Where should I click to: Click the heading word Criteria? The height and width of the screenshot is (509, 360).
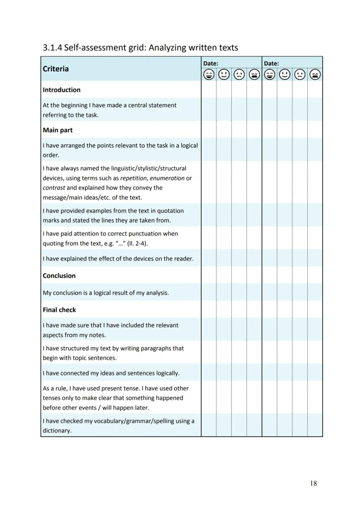pyautogui.click(x=56, y=69)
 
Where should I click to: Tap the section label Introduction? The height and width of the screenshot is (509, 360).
pyautogui.click(x=61, y=90)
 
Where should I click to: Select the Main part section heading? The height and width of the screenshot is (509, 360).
pyautogui.click(x=57, y=130)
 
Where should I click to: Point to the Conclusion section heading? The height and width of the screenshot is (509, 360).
pyautogui.click(x=59, y=276)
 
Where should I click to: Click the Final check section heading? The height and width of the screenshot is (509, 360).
pyautogui.click(x=59, y=310)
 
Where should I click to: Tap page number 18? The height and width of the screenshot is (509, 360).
pyautogui.click(x=313, y=483)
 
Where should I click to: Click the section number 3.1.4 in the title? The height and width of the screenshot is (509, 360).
pyautogui.click(x=52, y=48)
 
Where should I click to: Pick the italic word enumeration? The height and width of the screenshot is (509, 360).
pyautogui.click(x=167, y=178)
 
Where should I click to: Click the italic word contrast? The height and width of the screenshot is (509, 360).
pyautogui.click(x=54, y=188)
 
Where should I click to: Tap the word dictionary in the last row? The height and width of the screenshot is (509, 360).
pyautogui.click(x=57, y=431)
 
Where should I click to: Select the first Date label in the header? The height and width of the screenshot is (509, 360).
pyautogui.click(x=210, y=63)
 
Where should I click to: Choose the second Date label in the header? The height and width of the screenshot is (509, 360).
pyautogui.click(x=271, y=63)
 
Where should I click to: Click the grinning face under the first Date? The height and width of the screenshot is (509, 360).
pyautogui.click(x=209, y=75)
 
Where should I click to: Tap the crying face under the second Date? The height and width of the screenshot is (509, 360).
pyautogui.click(x=315, y=75)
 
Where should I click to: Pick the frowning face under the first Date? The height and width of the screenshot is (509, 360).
pyautogui.click(x=239, y=75)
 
